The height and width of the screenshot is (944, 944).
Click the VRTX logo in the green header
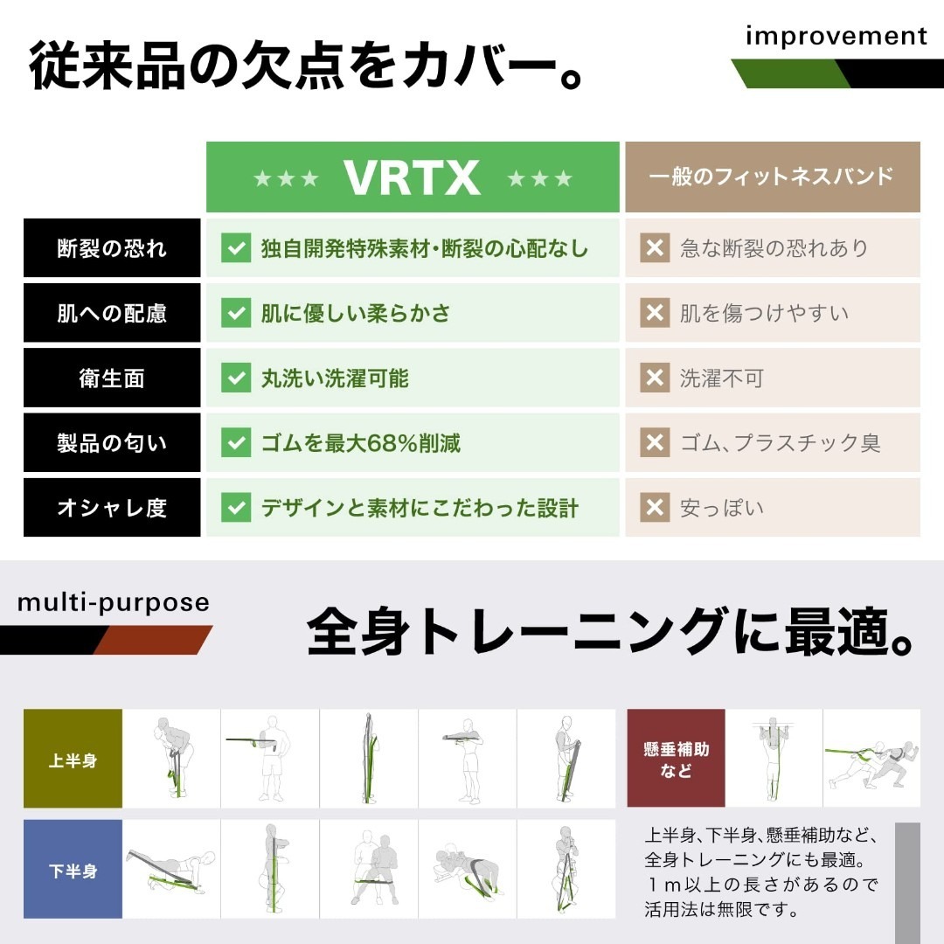coord(412,177)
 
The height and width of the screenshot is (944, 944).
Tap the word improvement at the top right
coord(836,36)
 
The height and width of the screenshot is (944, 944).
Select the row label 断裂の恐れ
coord(112,248)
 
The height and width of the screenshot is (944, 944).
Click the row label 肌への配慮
coord(112,313)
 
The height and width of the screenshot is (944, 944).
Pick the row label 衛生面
coord(112,378)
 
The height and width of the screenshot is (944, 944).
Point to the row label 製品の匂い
coord(112,442)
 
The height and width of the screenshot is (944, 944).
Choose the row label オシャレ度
coord(112,507)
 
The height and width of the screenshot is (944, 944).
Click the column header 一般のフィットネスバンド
coord(772,177)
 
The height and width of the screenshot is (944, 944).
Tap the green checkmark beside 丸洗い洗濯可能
coord(236,378)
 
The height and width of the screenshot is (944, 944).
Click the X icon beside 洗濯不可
coord(655,378)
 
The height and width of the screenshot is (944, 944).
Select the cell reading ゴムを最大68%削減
coord(360,442)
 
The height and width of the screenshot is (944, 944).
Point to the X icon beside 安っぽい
coord(655,507)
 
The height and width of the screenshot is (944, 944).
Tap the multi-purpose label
coord(114,603)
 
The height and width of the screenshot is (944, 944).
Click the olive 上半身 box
coord(73,759)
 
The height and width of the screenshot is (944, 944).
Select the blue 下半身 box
coord(73,870)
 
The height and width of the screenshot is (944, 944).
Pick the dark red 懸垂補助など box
coord(677,759)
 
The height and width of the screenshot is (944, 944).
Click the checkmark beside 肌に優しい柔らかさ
coord(236,313)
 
